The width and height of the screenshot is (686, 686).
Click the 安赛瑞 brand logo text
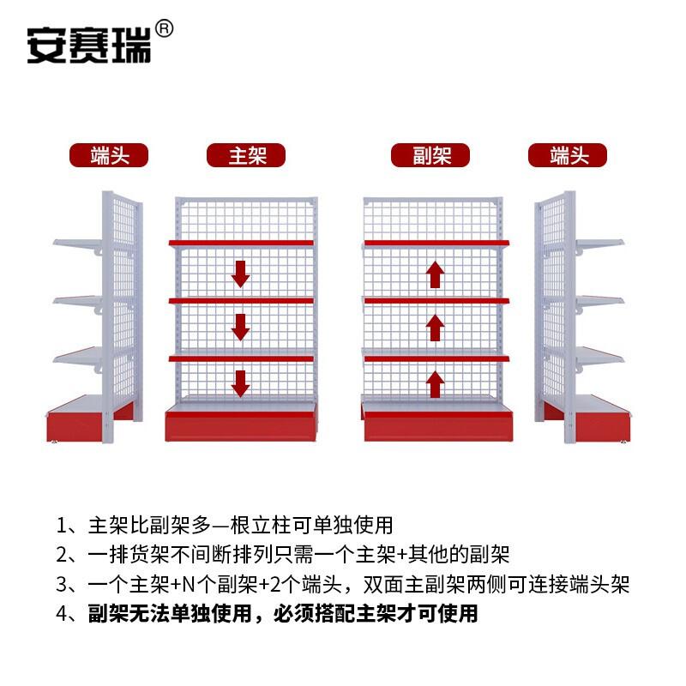88,45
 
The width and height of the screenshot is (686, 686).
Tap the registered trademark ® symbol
165,29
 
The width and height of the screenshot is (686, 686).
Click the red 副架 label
431,155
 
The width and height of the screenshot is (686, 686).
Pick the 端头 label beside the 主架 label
109,155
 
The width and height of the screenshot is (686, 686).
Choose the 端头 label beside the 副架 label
567,155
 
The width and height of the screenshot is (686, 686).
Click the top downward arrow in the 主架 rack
241,274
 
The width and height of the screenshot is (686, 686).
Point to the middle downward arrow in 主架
241,327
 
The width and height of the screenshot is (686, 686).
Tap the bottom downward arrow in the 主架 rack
241,382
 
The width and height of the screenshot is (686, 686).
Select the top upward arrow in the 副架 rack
436,274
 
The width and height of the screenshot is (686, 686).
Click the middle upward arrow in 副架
436,328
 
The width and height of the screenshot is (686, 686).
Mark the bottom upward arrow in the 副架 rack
436,384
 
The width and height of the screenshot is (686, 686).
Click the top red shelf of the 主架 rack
241,244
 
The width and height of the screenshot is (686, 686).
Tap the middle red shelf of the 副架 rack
436,301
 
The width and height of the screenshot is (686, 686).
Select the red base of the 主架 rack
241,424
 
